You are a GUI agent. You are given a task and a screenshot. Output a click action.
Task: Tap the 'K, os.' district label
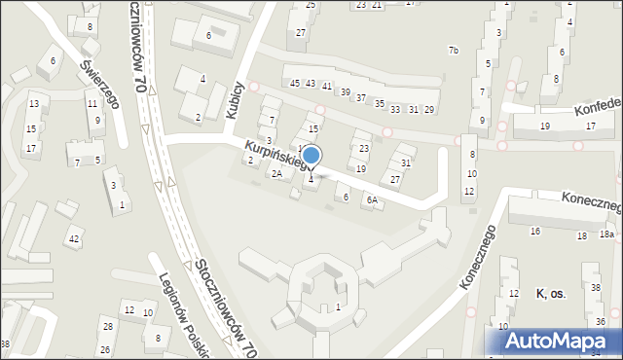550,293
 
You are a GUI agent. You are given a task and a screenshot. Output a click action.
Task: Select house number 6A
371,199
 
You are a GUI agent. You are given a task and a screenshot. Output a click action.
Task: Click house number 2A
276,174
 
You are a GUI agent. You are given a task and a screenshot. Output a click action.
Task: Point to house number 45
295,84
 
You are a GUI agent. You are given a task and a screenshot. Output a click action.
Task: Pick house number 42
74,238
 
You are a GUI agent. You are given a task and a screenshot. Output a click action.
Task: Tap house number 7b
453,50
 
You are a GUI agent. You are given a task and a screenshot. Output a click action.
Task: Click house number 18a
606,235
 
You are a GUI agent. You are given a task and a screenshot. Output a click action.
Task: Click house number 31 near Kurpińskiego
406,162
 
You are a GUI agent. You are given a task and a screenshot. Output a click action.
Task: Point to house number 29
428,109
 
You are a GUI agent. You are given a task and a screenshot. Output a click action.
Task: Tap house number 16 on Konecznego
534,232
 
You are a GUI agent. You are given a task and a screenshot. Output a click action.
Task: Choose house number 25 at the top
311,5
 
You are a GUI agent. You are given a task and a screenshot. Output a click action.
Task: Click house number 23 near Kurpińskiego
363,149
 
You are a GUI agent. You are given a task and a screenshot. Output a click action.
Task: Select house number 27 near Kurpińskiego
394,180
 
